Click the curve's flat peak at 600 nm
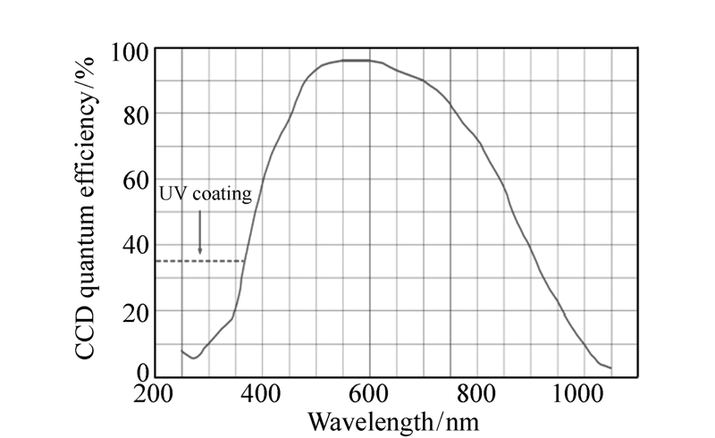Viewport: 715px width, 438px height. pyautogui.click(x=369, y=61)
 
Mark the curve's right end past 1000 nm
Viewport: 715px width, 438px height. pyautogui.click(x=610, y=367)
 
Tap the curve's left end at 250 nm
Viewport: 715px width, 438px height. pyautogui.click(x=182, y=350)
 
